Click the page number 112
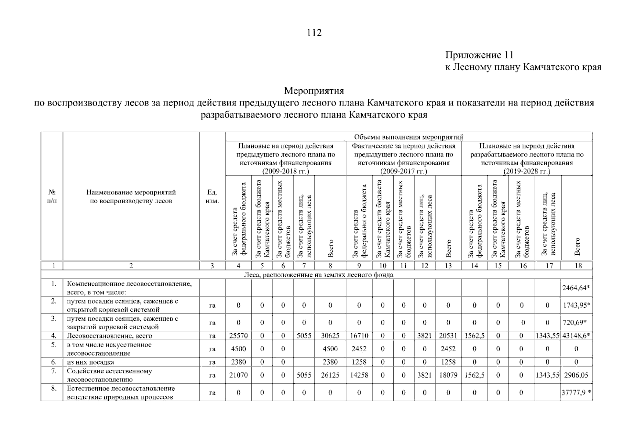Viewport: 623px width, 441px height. (314, 33)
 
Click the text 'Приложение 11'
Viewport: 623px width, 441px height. (479, 55)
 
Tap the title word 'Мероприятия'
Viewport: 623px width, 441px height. (314, 90)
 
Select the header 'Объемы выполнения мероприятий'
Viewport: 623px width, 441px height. (409, 137)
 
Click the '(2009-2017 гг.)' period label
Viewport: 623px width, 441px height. (403, 171)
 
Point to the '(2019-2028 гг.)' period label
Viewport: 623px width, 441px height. (527, 171)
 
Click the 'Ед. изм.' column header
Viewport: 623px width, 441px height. (212, 197)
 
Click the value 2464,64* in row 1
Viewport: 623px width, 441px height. (576, 288)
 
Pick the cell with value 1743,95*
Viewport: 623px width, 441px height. (576, 305)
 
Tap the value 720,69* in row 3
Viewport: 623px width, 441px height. (575, 323)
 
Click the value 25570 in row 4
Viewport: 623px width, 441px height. (238, 336)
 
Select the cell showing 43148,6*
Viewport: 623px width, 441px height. (576, 336)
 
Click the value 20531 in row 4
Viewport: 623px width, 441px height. (448, 336)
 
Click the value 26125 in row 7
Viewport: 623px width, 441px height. (330, 375)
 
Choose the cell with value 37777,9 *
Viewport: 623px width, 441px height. (576, 392)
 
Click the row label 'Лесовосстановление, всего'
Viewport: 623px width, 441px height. (109, 336)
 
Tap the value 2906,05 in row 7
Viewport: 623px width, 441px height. (576, 375)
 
